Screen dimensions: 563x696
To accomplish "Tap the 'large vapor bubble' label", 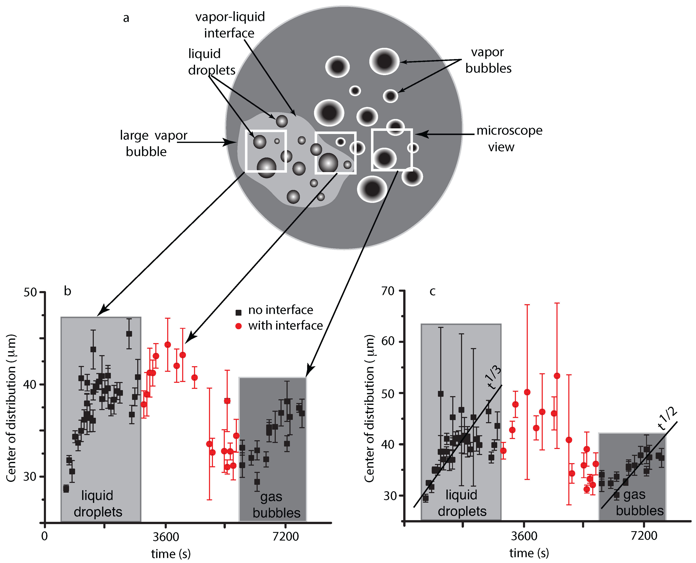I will tap(153, 143).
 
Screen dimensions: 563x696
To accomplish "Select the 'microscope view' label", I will tap(509, 139).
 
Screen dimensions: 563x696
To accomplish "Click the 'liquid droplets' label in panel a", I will tap(211, 62).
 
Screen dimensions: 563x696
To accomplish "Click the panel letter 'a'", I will tap(126, 18).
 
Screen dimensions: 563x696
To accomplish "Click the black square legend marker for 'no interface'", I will tap(238, 312).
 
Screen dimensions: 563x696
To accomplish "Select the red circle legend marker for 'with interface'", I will tap(238, 326).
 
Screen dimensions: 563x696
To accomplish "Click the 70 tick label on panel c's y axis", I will tap(388, 291).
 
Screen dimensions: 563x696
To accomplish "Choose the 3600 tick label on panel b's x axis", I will tap(166, 537).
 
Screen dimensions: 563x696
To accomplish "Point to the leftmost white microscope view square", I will tap(266, 151).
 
